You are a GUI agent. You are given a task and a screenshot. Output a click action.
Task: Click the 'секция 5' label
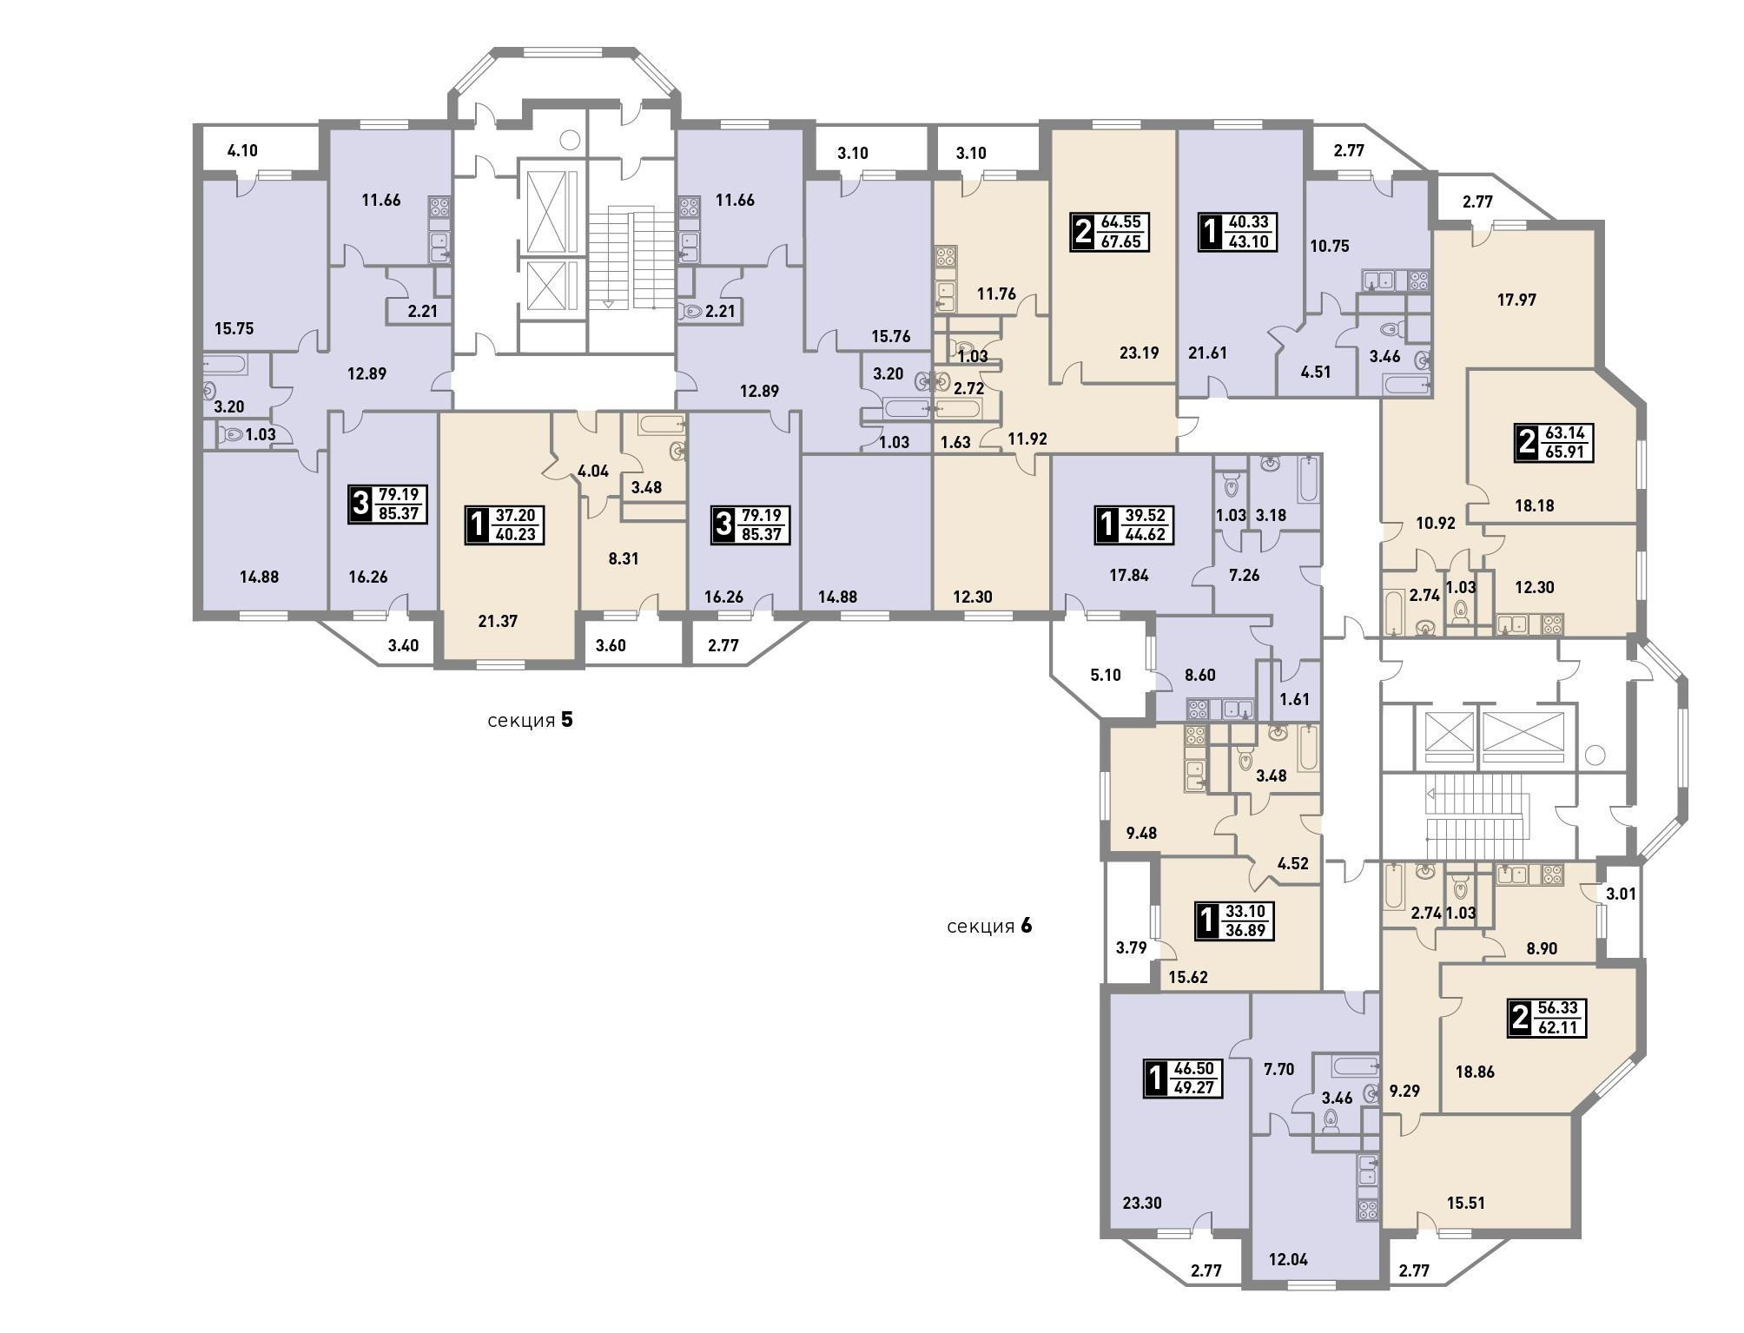tap(530, 720)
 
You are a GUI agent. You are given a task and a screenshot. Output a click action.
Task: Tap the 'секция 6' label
tap(989, 926)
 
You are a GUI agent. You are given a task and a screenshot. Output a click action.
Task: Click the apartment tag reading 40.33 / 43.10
tap(1239, 232)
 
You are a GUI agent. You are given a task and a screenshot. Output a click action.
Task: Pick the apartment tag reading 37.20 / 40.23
tap(505, 525)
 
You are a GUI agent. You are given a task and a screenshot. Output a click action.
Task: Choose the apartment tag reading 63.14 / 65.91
tap(1555, 442)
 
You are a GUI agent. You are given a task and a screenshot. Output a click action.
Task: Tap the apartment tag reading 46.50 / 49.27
tap(1184, 1078)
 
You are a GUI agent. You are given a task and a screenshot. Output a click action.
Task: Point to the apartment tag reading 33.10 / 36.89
tap(1236, 921)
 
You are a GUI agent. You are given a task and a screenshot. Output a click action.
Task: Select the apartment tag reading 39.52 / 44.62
tap(1134, 525)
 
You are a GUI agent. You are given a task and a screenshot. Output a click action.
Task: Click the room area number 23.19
tap(1139, 353)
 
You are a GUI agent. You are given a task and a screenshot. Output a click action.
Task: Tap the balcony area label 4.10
tap(242, 150)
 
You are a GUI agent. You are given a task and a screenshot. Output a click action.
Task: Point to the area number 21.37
tap(498, 621)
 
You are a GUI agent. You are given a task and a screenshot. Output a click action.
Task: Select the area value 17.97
tap(1516, 300)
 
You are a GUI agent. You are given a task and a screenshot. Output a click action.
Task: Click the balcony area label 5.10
tap(1105, 675)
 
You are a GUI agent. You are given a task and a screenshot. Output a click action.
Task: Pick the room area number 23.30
tap(1142, 1203)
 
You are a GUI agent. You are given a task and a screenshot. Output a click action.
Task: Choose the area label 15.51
tap(1465, 1203)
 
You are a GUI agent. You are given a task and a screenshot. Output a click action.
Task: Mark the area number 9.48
tap(1141, 833)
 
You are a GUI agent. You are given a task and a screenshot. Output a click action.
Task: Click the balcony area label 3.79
tap(1132, 947)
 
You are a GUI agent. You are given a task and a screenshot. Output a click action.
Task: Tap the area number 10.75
tap(1329, 246)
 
